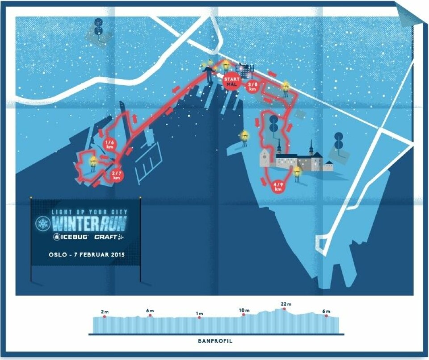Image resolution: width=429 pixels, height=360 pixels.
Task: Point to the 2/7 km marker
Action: tap(117, 175)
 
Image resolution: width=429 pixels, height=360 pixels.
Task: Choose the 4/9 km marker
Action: tap(278, 186)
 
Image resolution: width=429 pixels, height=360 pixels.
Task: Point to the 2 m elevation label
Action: tap(105, 311)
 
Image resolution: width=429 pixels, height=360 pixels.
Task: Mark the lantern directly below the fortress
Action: tap(297, 172)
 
